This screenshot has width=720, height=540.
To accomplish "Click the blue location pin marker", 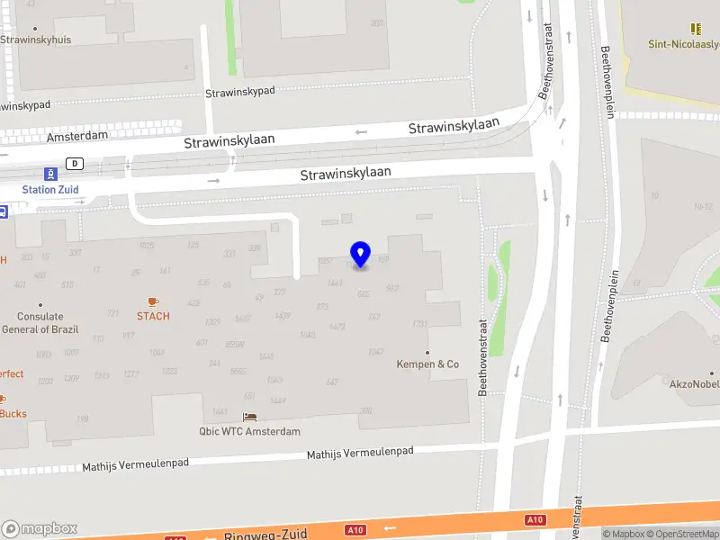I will pyautogui.click(x=361, y=254).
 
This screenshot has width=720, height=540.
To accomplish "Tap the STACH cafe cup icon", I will pyautogui.click(x=153, y=301).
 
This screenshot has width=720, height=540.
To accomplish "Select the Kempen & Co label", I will pyautogui.click(x=427, y=364).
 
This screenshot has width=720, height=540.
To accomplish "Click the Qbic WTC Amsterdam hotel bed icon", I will pyautogui.click(x=249, y=418).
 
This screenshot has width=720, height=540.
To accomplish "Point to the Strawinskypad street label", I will pyautogui.click(x=240, y=92).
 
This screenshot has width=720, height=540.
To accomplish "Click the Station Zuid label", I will pyautogui.click(x=50, y=189).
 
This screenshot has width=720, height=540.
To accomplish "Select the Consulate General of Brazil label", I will pyautogui.click(x=40, y=322).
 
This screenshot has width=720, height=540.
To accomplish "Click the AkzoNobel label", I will pyautogui.click(x=694, y=384).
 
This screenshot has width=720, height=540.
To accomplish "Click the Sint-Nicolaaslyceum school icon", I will pyautogui.click(x=695, y=29).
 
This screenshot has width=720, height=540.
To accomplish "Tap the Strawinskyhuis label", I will pyautogui.click(x=36, y=40).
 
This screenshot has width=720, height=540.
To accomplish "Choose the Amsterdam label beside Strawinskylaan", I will pyautogui.click(x=77, y=135).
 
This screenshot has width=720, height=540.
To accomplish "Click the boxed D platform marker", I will pyautogui.click(x=76, y=164).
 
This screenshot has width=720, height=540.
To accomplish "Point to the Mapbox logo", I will pyautogui.click(x=40, y=528).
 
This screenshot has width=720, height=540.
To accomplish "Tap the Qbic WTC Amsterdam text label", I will pyautogui.click(x=249, y=432).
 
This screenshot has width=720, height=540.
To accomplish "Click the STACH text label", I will pyautogui.click(x=153, y=316).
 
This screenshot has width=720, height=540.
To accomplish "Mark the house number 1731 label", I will pyautogui.click(x=419, y=323).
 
